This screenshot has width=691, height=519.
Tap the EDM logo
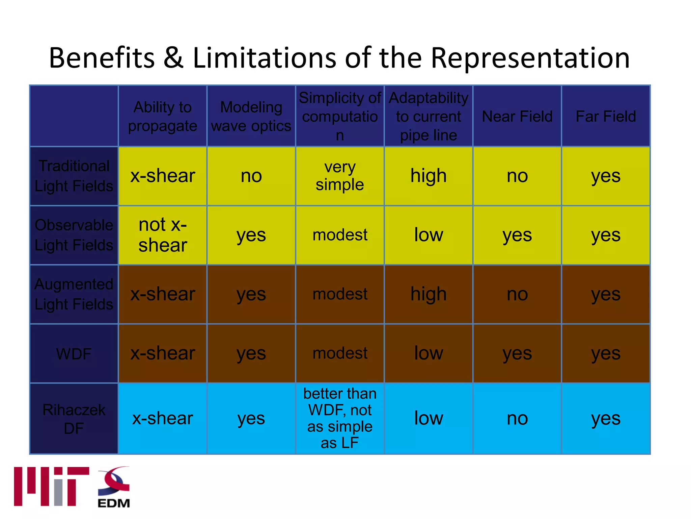click(x=114, y=487)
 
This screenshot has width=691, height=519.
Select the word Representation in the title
click(x=530, y=58)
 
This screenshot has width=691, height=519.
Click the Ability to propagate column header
click(x=163, y=116)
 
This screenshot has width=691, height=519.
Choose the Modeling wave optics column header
click(x=251, y=116)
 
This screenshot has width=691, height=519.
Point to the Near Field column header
click(x=517, y=116)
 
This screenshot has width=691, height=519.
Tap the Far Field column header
click(x=606, y=116)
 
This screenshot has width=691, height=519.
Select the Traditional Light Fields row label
click(x=74, y=176)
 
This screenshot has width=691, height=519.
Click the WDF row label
click(x=74, y=354)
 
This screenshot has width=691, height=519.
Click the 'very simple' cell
click(x=340, y=176)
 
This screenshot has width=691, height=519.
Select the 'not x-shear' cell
click(x=163, y=235)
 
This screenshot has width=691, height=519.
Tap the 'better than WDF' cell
click(x=340, y=418)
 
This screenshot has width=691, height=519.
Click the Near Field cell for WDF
click(x=517, y=354)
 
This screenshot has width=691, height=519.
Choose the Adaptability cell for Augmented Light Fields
click(x=429, y=294)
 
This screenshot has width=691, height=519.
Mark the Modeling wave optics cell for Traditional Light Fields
click(x=251, y=176)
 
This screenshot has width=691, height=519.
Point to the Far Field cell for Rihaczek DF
click(x=606, y=418)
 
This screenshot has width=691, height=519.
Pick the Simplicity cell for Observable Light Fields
click(x=340, y=235)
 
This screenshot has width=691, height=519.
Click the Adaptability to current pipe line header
click(x=429, y=116)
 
